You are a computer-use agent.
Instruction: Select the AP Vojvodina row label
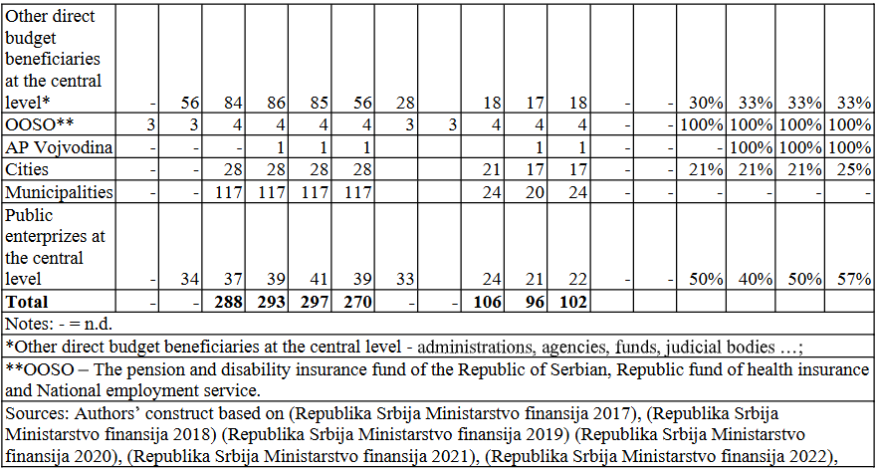(x=58, y=146)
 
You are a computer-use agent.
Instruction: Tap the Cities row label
(x=26, y=168)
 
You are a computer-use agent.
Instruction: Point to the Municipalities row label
(x=58, y=192)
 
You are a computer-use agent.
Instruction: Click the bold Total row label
(x=26, y=302)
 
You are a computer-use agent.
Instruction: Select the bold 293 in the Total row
(x=274, y=302)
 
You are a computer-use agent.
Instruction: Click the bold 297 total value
(x=317, y=302)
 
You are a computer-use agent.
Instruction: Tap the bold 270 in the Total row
(x=359, y=302)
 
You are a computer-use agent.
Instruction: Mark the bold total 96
(x=536, y=302)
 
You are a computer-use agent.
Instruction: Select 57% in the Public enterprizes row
(x=854, y=279)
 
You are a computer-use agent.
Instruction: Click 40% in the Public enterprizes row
(x=756, y=279)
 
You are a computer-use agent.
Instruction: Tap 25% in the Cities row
(x=854, y=168)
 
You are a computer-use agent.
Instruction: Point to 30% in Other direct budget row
(x=707, y=103)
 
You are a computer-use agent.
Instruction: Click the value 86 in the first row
(x=278, y=103)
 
